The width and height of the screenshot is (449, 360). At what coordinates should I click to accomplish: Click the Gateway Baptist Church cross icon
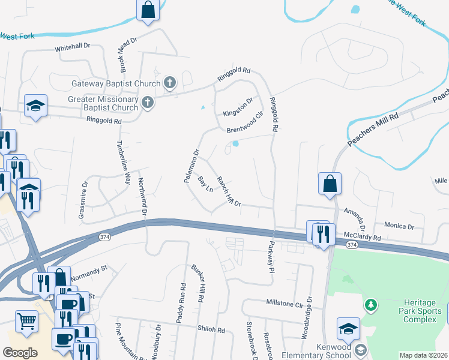point(170,84)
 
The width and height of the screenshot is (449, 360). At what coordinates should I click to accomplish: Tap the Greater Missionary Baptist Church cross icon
point(148,104)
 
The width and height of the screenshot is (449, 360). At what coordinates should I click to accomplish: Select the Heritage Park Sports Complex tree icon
point(371,305)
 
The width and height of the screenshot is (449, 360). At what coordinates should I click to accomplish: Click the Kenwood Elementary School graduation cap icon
point(360,350)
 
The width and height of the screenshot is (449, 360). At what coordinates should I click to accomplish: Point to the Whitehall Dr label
point(72,46)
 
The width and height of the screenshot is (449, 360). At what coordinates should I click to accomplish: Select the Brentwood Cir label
point(244,122)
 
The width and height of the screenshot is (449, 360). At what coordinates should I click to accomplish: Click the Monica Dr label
point(400,227)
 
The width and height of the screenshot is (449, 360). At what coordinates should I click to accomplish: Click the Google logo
point(20,352)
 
